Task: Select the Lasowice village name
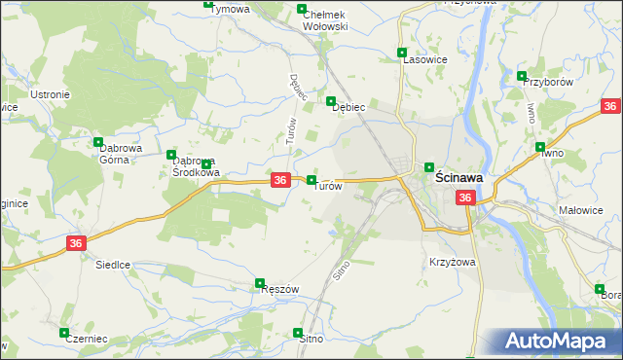pyautogui.click(x=425, y=59)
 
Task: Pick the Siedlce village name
pyautogui.click(x=113, y=264)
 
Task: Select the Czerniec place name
pyautogui.click(x=84, y=340)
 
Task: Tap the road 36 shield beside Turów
pyautogui.click(x=279, y=180)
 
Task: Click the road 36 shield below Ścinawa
pyautogui.click(x=465, y=198)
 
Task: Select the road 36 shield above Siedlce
pyautogui.click(x=76, y=243)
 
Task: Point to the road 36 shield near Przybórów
pyautogui.click(x=611, y=106)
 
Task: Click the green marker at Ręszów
pyautogui.click(x=260, y=284)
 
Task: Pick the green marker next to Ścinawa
pyautogui.click(x=428, y=167)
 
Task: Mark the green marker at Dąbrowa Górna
pyautogui.click(x=98, y=142)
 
